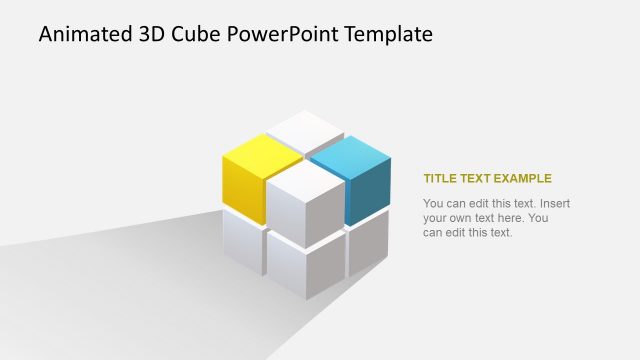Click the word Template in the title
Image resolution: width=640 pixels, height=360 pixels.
pos(386,34)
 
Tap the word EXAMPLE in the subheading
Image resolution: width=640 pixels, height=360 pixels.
pos(521,179)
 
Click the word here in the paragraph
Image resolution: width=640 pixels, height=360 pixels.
pos(510,218)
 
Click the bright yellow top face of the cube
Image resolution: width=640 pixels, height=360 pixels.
pos(261,156)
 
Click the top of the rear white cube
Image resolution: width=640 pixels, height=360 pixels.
pos(305,129)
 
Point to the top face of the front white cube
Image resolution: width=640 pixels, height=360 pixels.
pos(305,179)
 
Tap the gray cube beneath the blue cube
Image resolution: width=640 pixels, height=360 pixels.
pos(368,245)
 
